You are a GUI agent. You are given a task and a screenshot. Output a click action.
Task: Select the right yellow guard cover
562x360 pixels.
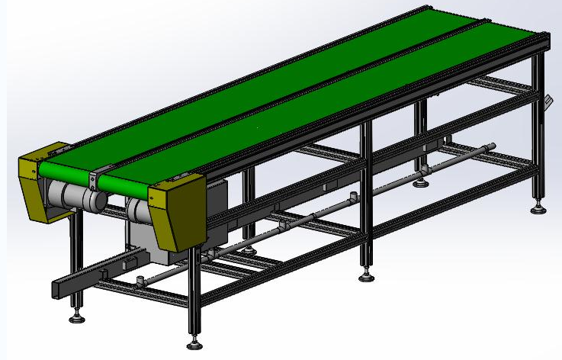(x=179, y=210)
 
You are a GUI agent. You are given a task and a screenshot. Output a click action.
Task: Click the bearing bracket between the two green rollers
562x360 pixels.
(x=93, y=181)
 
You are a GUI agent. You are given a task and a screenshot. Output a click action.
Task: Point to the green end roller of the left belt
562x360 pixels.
(x=65, y=169)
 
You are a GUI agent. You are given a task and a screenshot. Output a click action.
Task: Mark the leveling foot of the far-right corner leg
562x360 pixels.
(x=538, y=207)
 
